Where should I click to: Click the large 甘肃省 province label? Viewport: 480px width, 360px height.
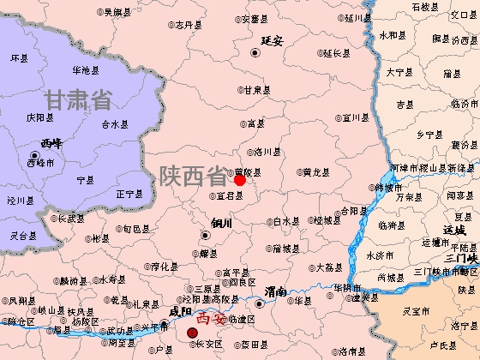(x=80, y=99)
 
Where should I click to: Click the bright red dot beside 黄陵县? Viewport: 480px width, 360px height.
(x=240, y=180)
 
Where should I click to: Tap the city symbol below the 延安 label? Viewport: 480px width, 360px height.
(x=255, y=53)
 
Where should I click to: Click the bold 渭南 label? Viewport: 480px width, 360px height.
(x=276, y=291)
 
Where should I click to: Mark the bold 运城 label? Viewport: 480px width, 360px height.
(x=454, y=230)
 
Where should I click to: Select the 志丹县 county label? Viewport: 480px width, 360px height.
(x=188, y=25)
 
